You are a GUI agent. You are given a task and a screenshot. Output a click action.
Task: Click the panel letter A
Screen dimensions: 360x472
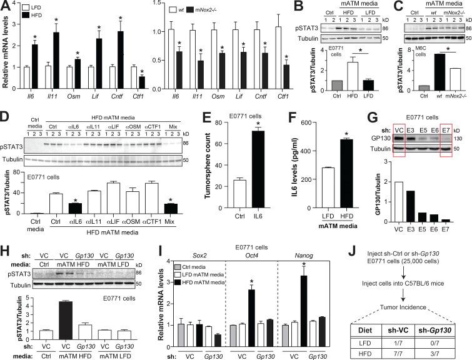[x=5, y=6]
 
